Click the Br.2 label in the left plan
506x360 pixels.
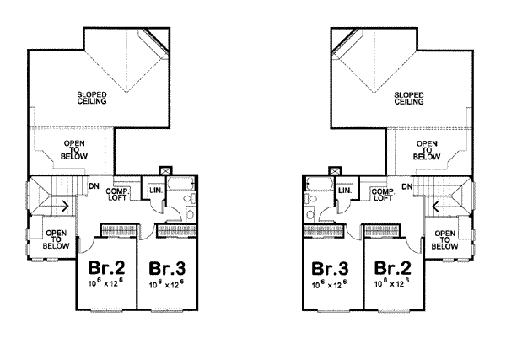click(104, 268)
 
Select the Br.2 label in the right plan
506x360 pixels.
click(391, 269)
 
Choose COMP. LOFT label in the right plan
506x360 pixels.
click(379, 195)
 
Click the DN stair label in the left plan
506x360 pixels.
click(94, 185)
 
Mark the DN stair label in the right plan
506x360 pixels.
click(406, 185)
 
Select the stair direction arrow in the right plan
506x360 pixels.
click(435, 205)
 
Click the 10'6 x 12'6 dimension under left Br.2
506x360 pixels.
click(104, 285)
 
